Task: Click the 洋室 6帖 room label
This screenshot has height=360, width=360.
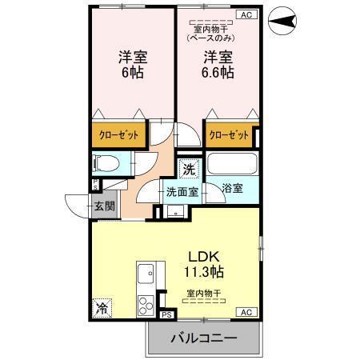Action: (x=132, y=65)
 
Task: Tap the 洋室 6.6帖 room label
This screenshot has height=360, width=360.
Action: (x=216, y=65)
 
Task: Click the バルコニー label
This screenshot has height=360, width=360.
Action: (x=204, y=339)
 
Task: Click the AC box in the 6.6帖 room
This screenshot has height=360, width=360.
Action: (x=246, y=14)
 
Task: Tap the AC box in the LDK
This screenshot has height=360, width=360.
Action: (x=246, y=312)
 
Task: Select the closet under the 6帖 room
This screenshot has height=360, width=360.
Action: (x=119, y=135)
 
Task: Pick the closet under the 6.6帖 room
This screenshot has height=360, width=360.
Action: (x=229, y=135)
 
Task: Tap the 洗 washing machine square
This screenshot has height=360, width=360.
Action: (x=188, y=169)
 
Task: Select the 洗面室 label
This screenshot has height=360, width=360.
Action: (x=182, y=192)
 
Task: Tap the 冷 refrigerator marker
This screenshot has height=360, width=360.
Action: (x=102, y=306)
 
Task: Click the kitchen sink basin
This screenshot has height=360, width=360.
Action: (x=146, y=276)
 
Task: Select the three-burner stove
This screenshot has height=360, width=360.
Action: (x=147, y=305)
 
